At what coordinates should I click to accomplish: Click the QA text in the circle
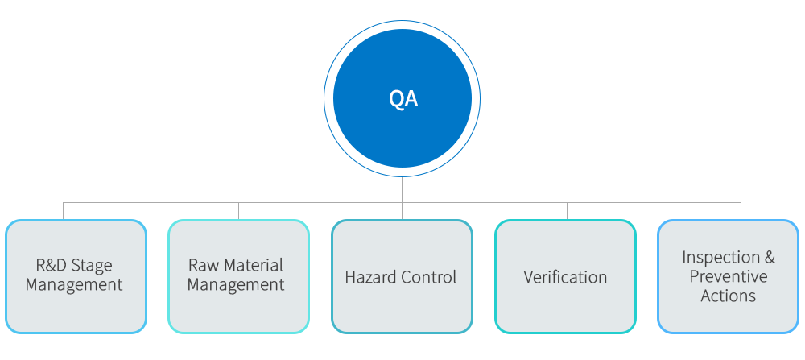402,99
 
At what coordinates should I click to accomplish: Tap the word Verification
565,278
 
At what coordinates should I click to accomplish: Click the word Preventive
729,277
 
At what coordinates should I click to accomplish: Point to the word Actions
729,296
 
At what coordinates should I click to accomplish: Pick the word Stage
93,265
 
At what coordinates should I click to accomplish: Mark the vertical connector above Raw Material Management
238,210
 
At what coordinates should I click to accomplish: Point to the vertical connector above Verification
567,210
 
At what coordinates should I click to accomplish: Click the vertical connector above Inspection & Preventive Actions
741,210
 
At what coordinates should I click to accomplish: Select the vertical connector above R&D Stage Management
64,210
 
